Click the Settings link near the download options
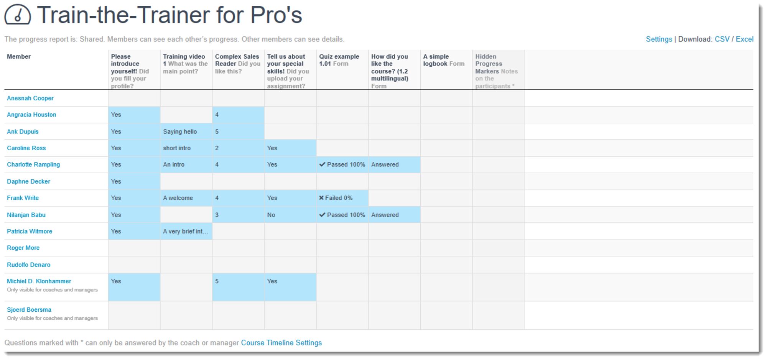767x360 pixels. click(658, 39)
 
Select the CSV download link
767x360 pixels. click(722, 39)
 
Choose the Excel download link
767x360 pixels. click(744, 39)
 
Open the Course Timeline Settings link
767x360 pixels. click(281, 343)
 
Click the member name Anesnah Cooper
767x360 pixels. click(30, 98)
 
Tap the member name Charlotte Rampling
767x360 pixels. click(33, 164)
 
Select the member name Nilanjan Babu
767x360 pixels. click(26, 215)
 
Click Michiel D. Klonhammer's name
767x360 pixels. click(39, 281)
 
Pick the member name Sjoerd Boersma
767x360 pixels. click(29, 309)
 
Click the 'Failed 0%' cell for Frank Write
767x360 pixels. click(336, 198)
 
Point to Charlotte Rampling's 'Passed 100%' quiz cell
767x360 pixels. click(342, 164)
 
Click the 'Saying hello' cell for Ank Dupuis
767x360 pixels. click(180, 132)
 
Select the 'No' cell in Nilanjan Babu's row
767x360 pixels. click(271, 215)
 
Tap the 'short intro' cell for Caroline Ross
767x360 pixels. click(177, 148)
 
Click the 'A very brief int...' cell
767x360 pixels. click(186, 231)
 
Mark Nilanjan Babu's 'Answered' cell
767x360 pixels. click(385, 215)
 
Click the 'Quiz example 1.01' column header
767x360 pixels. click(339, 60)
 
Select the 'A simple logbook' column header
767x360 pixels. click(443, 60)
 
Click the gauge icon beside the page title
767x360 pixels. click(18, 15)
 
